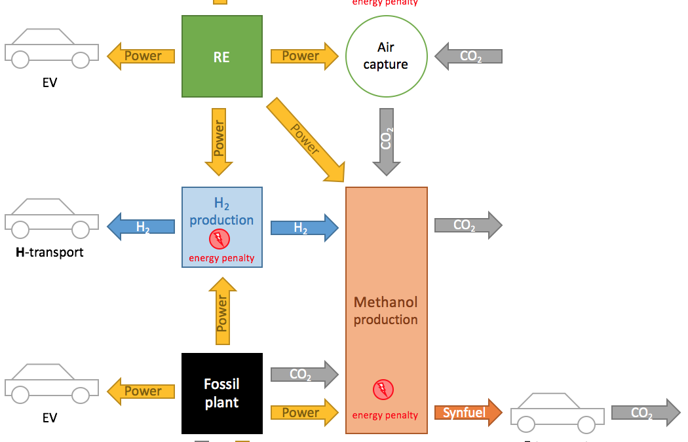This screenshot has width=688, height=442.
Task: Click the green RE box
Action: click(x=221, y=56)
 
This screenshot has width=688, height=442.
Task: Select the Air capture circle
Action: click(x=386, y=56)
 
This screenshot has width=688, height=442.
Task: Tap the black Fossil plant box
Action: click(x=221, y=393)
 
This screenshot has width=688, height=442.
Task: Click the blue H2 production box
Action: click(x=221, y=227)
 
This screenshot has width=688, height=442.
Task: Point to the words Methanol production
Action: click(x=386, y=311)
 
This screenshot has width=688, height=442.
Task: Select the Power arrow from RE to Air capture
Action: click(x=303, y=56)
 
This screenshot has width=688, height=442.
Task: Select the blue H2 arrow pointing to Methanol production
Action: click(x=303, y=227)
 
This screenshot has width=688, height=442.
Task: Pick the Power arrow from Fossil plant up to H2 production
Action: click(x=222, y=310)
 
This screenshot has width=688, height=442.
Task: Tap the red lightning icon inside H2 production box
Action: click(x=219, y=239)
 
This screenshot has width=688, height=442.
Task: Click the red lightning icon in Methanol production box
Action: click(x=383, y=390)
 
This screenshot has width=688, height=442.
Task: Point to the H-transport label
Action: click(x=50, y=251)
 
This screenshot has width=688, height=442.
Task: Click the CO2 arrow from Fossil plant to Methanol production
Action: click(x=303, y=375)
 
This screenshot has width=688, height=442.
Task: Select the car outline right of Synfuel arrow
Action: click(x=558, y=413)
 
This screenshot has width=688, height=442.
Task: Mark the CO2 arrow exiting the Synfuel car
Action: click(x=645, y=413)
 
